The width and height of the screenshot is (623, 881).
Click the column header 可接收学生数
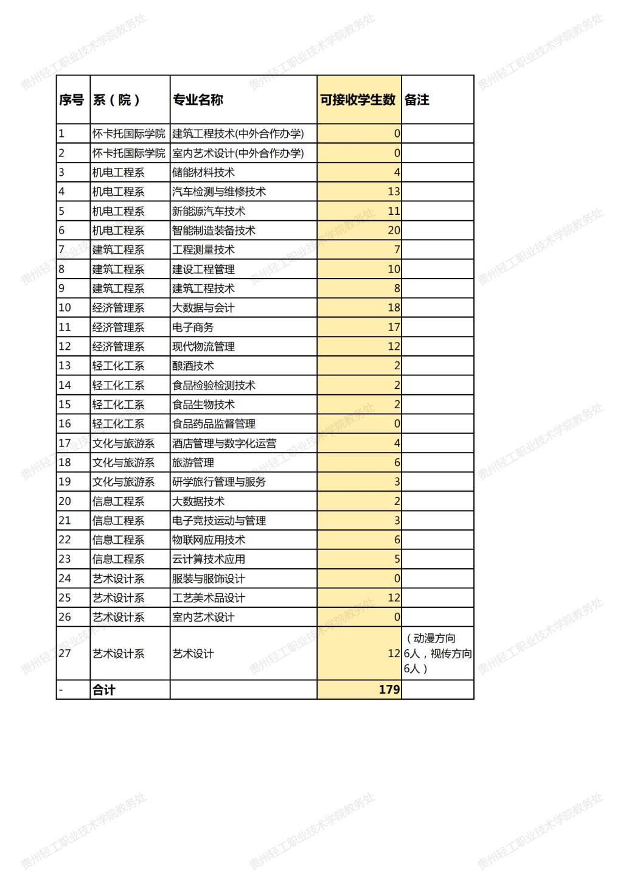pyautogui.click(x=358, y=100)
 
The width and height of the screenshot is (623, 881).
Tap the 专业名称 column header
pyautogui.click(x=198, y=100)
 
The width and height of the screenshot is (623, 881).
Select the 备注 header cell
pyautogui.click(x=417, y=100)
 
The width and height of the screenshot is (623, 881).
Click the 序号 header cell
pyautogui.click(x=71, y=100)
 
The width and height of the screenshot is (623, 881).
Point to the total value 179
pyautogui.click(x=389, y=689)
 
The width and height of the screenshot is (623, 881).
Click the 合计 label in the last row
pyautogui.click(x=104, y=689)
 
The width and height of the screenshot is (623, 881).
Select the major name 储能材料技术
pyautogui.click(x=203, y=173)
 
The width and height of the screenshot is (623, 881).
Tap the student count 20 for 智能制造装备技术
pyautogui.click(x=394, y=231)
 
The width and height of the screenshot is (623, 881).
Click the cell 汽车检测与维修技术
pyautogui.click(x=219, y=192)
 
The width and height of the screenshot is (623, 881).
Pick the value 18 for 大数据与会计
pyautogui.click(x=394, y=308)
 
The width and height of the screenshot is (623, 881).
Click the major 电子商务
pyautogui.click(x=193, y=327)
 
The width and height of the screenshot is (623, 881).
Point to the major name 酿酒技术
pyautogui.click(x=193, y=366)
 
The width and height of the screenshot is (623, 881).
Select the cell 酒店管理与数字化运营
pyautogui.click(x=224, y=444)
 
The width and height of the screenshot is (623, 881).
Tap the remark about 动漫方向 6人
pyautogui.click(x=437, y=653)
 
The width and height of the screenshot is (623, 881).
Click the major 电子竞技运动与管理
pyautogui.click(x=219, y=521)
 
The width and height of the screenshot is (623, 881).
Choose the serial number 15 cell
pyautogui.click(x=64, y=405)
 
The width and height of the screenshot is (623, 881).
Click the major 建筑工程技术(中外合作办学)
pyautogui.click(x=238, y=134)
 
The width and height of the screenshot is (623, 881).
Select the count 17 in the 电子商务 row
pyautogui.click(x=394, y=327)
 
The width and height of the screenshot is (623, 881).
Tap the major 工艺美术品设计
pyautogui.click(x=209, y=598)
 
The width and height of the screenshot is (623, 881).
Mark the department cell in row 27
pyautogui.click(x=119, y=654)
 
